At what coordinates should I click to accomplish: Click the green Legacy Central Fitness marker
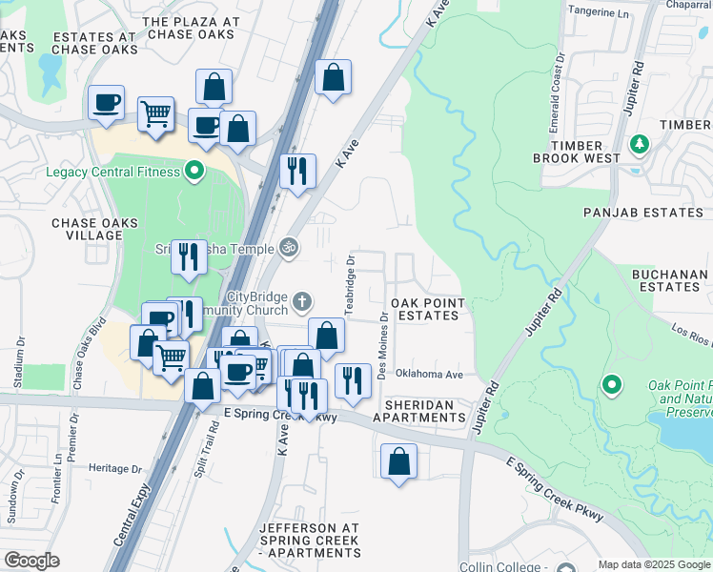point(194,172)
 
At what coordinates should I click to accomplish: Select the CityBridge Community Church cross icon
point(301,302)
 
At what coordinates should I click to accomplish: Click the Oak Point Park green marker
point(611,385)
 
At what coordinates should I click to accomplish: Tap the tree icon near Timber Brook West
point(641,144)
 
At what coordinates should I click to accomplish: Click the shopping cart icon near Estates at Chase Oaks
point(154,114)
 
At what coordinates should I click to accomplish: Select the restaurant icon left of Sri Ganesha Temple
point(188,256)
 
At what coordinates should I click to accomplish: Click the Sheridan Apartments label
point(419,411)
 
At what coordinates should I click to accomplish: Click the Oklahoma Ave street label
point(429,375)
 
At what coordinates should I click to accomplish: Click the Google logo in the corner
point(31,561)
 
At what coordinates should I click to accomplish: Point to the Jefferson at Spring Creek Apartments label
point(310,540)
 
